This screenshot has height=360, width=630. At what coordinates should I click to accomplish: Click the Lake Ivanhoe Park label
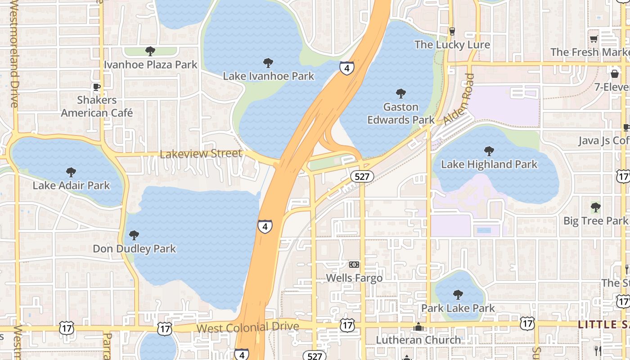(x=269, y=76)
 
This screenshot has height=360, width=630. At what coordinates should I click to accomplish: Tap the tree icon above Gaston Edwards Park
(x=400, y=94)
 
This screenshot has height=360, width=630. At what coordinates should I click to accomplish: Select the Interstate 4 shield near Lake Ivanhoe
(x=346, y=68)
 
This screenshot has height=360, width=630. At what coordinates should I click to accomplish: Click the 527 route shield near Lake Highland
(x=362, y=176)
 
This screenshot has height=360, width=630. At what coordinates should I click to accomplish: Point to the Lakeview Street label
(x=201, y=154)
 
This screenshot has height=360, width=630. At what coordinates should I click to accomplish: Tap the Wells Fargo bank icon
(x=354, y=265)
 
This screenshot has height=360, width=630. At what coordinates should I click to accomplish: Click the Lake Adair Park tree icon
(x=71, y=172)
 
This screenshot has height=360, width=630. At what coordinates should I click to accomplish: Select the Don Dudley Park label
(x=134, y=249)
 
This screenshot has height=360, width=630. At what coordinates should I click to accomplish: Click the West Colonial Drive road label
(x=247, y=327)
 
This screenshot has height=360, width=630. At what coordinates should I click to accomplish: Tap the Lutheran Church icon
(x=418, y=327)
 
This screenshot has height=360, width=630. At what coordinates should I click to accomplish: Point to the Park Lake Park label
(x=458, y=308)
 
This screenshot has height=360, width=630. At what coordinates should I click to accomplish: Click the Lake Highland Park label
(x=489, y=164)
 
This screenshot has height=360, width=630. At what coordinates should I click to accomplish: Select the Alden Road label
(x=459, y=100)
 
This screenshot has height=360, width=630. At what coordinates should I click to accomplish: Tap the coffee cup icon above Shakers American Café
(x=96, y=87)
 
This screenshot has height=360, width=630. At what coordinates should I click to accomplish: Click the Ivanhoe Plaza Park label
(x=151, y=64)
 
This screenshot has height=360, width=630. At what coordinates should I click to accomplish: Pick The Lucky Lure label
(x=452, y=45)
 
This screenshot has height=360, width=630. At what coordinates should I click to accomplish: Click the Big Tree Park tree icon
(x=595, y=207)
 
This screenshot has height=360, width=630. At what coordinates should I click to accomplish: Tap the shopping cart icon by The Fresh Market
(x=594, y=39)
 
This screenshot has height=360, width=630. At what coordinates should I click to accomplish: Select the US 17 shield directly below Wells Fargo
(x=347, y=324)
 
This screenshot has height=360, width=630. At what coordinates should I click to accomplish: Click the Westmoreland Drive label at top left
(x=13, y=54)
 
